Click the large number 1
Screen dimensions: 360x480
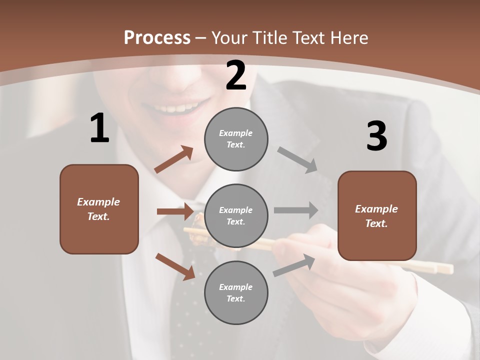99,128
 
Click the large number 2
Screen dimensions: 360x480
236,76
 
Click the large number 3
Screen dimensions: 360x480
376,136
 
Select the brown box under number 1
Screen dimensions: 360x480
99,209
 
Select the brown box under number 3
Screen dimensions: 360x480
377,215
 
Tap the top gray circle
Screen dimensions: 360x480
236,139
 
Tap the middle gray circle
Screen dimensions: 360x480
236,216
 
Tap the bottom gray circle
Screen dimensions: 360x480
236,293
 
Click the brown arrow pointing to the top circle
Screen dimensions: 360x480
174,159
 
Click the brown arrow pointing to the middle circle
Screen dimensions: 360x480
175,211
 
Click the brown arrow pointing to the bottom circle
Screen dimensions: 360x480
175,266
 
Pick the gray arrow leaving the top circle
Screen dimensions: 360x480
297,160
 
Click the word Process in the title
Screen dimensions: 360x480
157,37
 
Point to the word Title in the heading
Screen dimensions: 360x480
268,37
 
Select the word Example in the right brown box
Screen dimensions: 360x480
376,209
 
